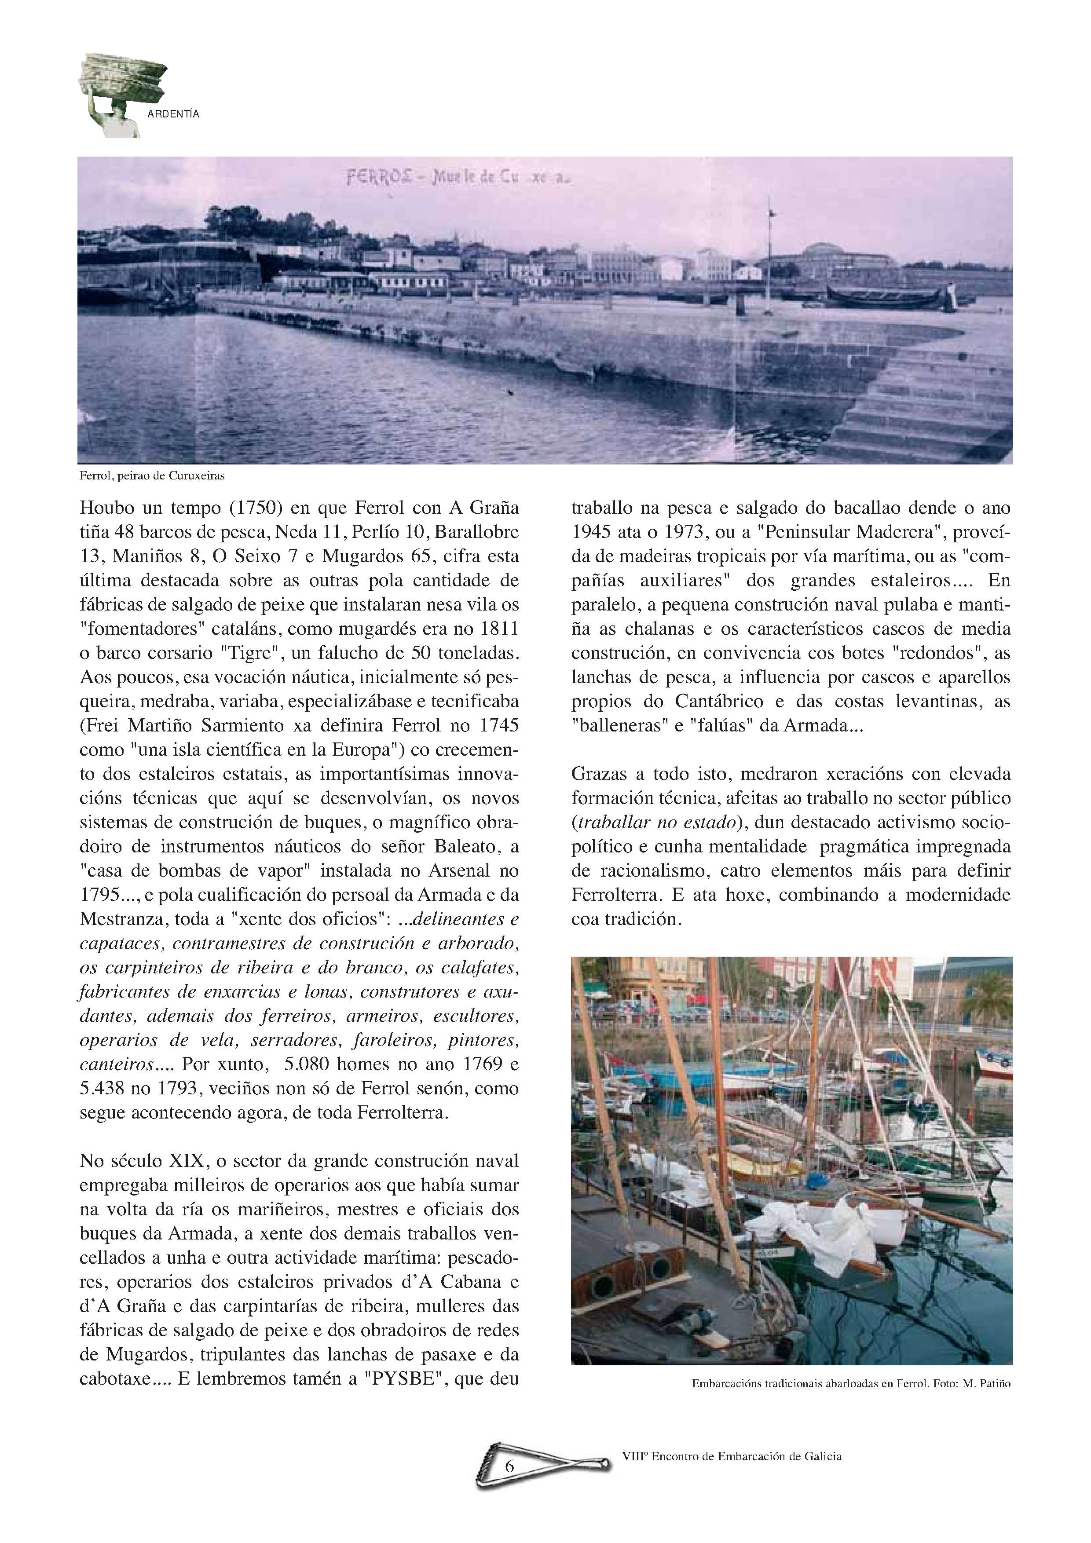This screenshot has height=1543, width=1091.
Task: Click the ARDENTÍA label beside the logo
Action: pyautogui.click(x=173, y=114)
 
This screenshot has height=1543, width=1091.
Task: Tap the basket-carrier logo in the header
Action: pyautogui.click(x=121, y=94)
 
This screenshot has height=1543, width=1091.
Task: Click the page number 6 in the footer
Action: pyautogui.click(x=509, y=1466)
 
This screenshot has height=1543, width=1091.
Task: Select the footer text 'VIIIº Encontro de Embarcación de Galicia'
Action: pyautogui.click(x=732, y=1456)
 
